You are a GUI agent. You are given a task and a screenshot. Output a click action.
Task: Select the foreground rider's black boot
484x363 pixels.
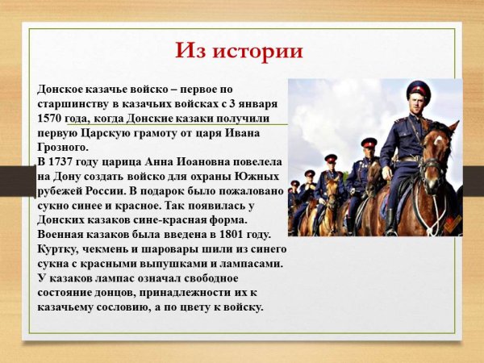pos(391,219)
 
